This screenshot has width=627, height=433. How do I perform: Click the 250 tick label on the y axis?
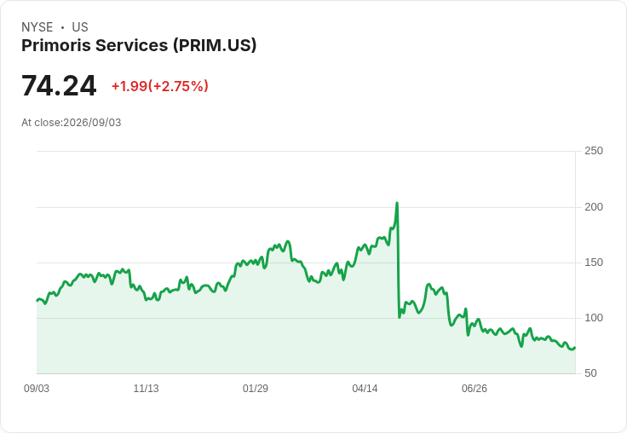coord(594,151)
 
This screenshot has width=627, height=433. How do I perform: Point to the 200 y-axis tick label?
coord(594,207)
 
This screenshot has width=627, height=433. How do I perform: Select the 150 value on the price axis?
coord(594,263)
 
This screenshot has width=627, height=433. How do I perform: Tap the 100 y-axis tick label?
coord(594,318)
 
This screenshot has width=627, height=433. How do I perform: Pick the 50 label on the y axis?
coord(590,373)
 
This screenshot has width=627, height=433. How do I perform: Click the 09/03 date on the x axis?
coord(37,389)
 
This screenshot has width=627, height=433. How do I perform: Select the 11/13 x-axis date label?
coord(146,389)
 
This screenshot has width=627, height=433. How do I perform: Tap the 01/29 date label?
coord(255,389)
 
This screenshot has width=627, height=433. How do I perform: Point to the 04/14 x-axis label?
coord(365,389)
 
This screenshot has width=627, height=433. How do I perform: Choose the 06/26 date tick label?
coord(475,389)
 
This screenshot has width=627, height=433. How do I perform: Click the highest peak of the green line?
coord(397,203)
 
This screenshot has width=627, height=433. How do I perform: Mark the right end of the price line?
coord(575,348)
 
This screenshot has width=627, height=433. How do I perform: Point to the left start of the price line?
coord(37,301)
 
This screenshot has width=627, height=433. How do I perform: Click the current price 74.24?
coord(59,85)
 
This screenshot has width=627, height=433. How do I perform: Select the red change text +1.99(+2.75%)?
coord(160,86)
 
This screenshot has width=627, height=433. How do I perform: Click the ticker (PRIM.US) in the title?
coord(215,46)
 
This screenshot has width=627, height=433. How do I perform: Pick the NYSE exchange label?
coord(37,27)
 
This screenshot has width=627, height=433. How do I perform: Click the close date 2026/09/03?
coord(92,123)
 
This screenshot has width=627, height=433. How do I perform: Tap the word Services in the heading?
coord(131,45)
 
